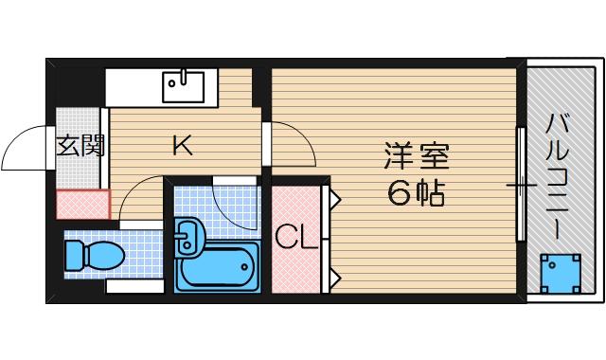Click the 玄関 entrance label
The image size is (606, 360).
coord(80,146)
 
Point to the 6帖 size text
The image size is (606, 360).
coord(416,194)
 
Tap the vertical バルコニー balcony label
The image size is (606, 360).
coord(557,175)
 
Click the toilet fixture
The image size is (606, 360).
coord(94,255)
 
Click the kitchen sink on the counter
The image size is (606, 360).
coord(183,87)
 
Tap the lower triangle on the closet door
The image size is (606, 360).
coord(334,277)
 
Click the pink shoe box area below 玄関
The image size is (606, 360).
coord(82,204)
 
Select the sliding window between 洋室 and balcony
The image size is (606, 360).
coord(520,185)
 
